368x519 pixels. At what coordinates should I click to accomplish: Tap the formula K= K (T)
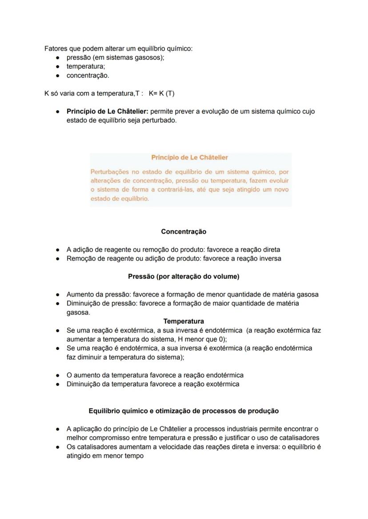(162, 93)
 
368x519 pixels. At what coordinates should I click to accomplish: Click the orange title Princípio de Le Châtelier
(190, 158)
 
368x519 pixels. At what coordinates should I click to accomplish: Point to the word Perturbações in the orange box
(110, 171)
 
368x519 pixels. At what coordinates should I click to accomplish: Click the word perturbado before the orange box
(160, 120)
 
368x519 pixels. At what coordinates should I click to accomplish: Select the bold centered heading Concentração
(184, 231)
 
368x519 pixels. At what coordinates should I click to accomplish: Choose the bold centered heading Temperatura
(184, 321)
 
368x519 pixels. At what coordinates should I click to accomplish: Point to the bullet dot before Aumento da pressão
(58, 294)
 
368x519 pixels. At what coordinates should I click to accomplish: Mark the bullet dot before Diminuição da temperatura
(58, 384)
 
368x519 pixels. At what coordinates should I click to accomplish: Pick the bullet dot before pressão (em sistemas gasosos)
(58, 58)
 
